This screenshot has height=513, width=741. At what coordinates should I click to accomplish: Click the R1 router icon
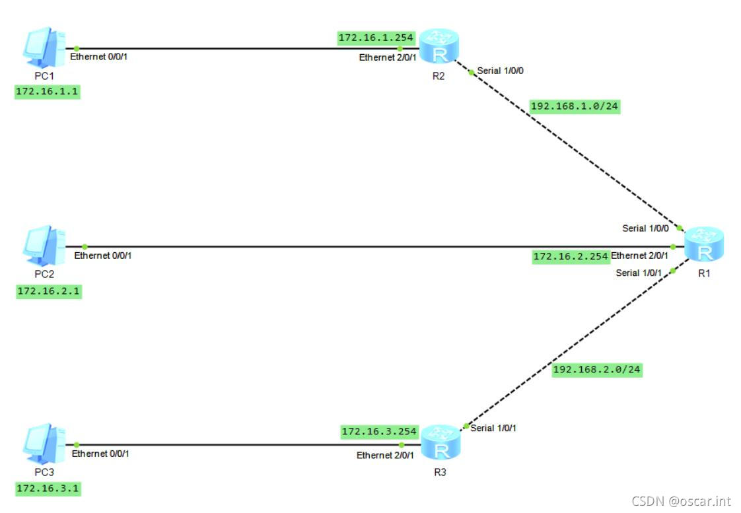click(x=704, y=245)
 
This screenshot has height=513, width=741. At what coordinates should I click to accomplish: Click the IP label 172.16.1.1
click(x=48, y=92)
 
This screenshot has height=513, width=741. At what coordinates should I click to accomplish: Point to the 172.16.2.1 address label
click(x=49, y=291)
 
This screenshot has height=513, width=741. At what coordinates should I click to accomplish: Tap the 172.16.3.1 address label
click(x=49, y=489)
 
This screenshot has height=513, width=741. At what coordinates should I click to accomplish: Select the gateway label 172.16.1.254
click(x=376, y=38)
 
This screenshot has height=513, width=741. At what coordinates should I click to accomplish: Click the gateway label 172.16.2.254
click(x=571, y=257)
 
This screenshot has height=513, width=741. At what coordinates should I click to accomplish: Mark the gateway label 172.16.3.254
click(x=379, y=432)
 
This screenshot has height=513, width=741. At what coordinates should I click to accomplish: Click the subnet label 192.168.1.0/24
click(x=575, y=106)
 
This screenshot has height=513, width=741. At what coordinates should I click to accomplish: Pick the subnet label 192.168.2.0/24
click(x=596, y=370)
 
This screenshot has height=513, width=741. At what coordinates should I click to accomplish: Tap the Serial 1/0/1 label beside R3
click(x=493, y=428)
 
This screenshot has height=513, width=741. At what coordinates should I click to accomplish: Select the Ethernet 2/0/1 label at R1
click(x=639, y=256)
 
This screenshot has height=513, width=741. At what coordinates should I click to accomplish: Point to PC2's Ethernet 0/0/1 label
click(x=103, y=255)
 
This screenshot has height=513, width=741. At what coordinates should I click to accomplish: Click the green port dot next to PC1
click(x=77, y=48)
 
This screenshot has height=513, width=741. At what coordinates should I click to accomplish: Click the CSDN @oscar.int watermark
click(x=681, y=500)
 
